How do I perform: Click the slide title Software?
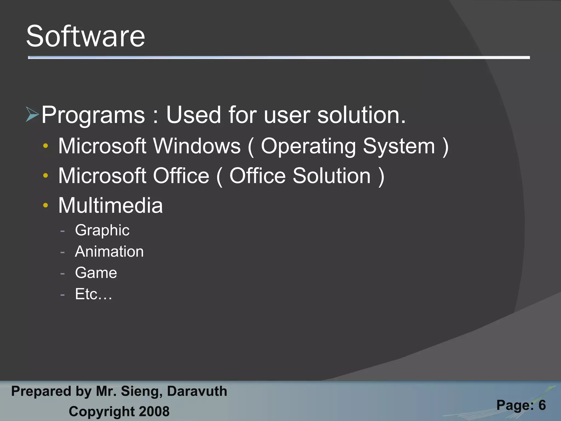tap(85, 36)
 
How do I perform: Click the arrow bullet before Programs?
tap(32, 114)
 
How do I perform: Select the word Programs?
tap(93, 115)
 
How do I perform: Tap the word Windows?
tap(197, 146)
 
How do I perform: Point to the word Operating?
tap(308, 146)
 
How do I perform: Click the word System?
tap(399, 146)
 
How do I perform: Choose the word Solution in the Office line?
tap(331, 176)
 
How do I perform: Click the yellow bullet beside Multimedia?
tap(45, 205)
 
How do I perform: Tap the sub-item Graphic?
tap(102, 230)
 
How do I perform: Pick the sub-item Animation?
tap(109, 251)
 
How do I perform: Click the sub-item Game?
tap(96, 273)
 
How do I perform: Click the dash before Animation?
tap(62, 252)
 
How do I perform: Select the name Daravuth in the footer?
tap(197, 391)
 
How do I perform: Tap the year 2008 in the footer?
tap(154, 411)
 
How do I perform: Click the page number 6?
tap(542, 405)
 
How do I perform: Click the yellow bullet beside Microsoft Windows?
tap(45, 146)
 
